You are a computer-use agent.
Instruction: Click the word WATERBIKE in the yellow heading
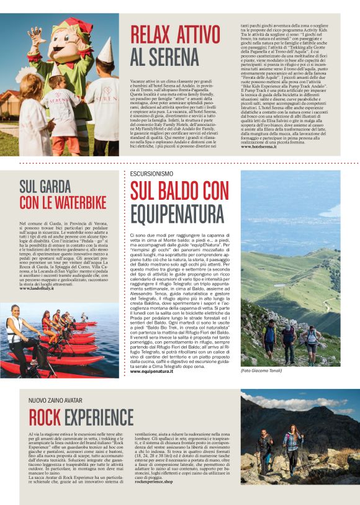(74, 202)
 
